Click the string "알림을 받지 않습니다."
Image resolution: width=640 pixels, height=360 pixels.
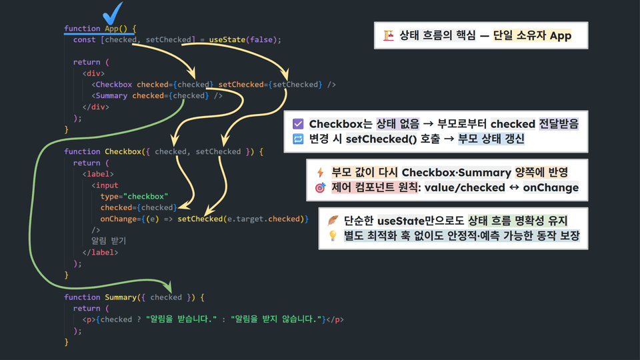pyautogui.click(x=276, y=319)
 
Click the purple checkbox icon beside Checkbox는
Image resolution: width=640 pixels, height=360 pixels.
pyautogui.click(x=298, y=124)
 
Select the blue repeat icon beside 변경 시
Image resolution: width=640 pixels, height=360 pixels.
pyautogui.click(x=298, y=139)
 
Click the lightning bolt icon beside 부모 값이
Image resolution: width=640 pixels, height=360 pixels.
pyautogui.click(x=320, y=173)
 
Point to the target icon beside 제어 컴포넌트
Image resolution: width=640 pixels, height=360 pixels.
pyautogui.click(x=320, y=188)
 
